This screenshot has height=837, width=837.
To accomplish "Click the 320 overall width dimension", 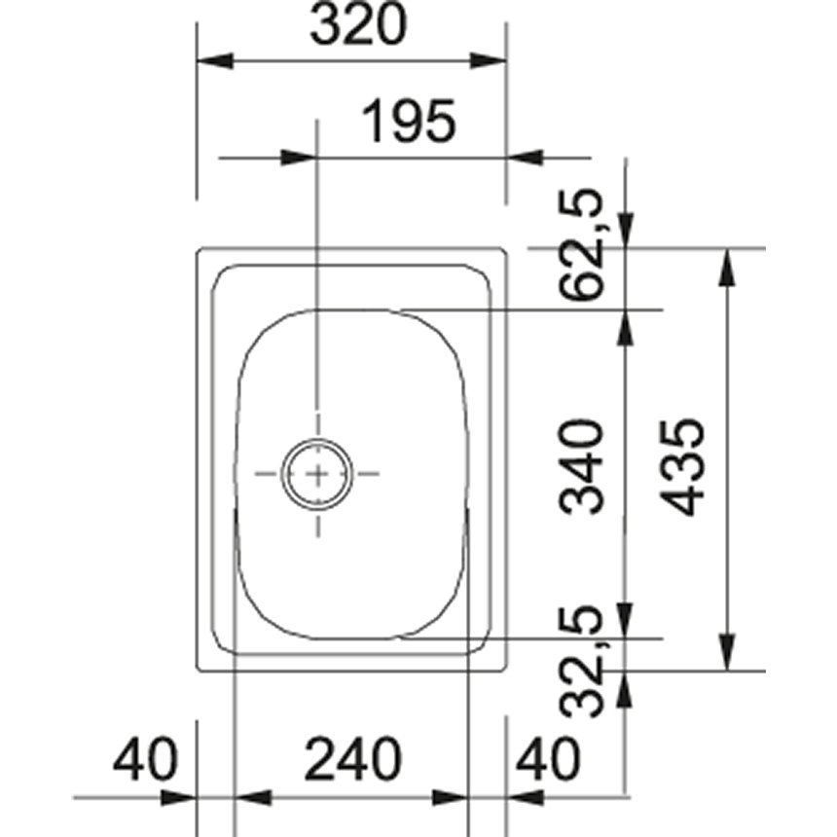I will pyautogui.click(x=355, y=28).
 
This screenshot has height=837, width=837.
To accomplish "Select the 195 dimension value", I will pyautogui.click(x=409, y=124).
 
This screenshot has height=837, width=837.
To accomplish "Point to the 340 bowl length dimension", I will pyautogui.click(x=584, y=466).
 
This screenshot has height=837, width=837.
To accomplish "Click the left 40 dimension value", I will pyautogui.click(x=146, y=759).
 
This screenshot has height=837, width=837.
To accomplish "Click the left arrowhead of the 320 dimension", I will pyautogui.click(x=215, y=61).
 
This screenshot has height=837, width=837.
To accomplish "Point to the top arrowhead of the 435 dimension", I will pyautogui.click(x=726, y=269).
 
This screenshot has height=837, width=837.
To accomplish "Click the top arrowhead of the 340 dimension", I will pyautogui.click(x=624, y=330).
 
